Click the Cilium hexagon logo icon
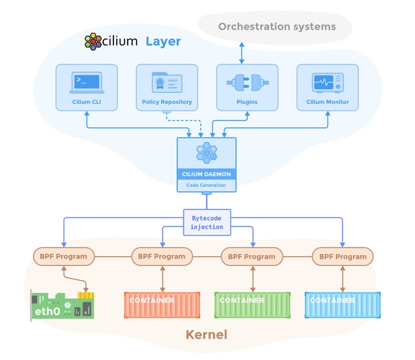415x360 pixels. [93, 41]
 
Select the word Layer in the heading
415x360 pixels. [163, 41]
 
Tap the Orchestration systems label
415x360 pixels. [277, 27]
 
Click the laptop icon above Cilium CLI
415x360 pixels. [86, 83]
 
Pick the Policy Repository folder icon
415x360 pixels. [167, 83]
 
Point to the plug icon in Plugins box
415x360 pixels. [247, 83]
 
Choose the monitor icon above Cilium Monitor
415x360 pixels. [327, 83]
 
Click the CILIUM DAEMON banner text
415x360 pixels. [207, 175]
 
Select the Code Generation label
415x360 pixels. [206, 185]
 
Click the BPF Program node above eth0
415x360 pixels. [63, 257]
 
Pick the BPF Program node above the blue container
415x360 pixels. [342, 257]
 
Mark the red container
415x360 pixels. [162, 305]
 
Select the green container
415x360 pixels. [252, 305]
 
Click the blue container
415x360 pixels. [342, 305]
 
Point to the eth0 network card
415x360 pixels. [62, 305]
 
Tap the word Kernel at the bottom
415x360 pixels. [206, 335]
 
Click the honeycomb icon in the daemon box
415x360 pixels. [207, 152]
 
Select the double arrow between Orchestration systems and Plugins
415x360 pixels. [241, 53]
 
